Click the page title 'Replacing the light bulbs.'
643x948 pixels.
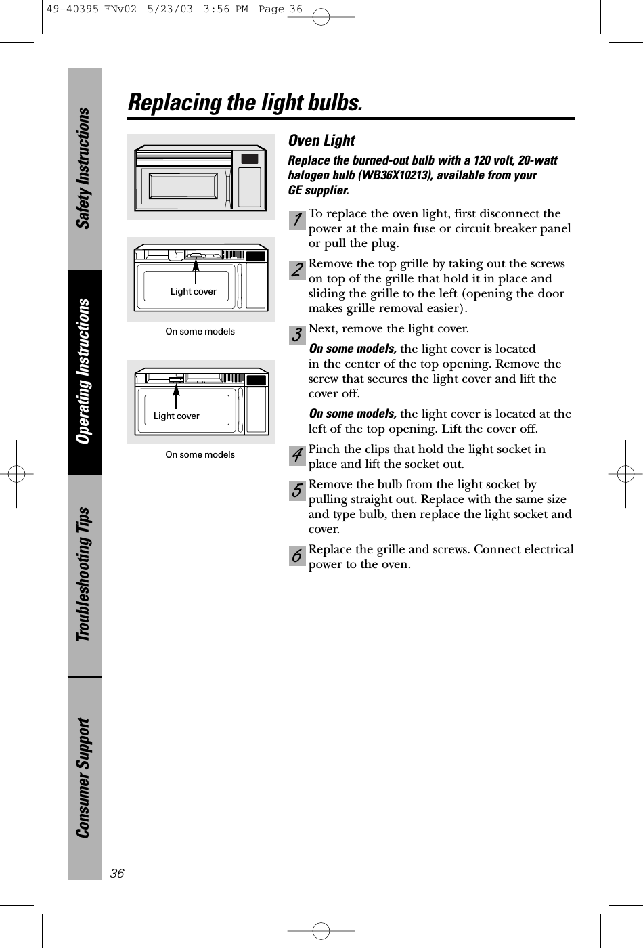[244, 103]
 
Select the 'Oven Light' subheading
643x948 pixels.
[321, 141]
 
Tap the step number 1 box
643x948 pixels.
[297, 220]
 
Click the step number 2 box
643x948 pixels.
[297, 270]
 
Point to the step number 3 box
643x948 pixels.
[297, 335]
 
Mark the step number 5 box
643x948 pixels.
[297, 491]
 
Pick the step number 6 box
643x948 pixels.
[297, 556]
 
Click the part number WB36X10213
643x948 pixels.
[383, 175]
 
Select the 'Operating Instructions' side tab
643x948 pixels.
[84, 372]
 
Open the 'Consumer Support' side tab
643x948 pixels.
[84, 778]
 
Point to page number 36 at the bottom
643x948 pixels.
[118, 874]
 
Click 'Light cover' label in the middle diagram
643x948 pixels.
[193, 292]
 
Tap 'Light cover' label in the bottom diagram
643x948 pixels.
[176, 416]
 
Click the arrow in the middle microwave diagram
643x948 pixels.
[195, 271]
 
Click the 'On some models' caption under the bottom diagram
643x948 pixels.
[200, 454]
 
